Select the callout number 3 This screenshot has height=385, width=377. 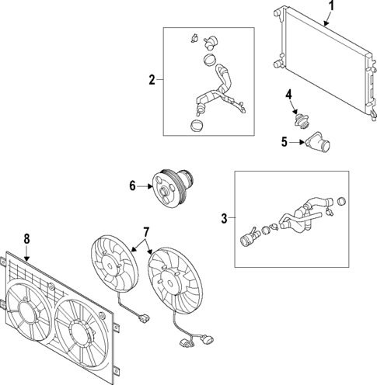225,219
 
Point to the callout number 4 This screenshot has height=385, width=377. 288,95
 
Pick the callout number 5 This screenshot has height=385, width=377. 284,142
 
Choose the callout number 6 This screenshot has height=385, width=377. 132,186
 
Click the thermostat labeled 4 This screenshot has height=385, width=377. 298,120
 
